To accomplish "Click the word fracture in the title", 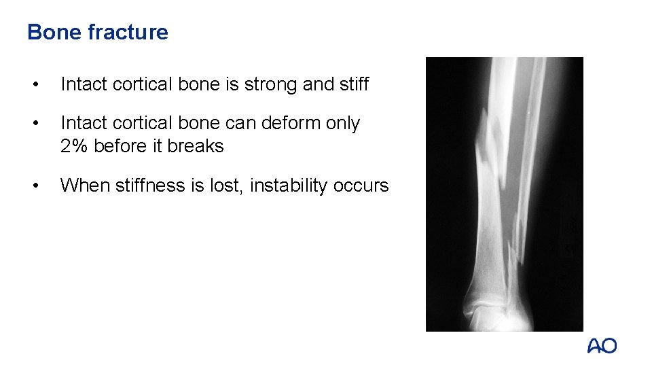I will click(128, 32).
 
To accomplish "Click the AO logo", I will click(602, 346).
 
